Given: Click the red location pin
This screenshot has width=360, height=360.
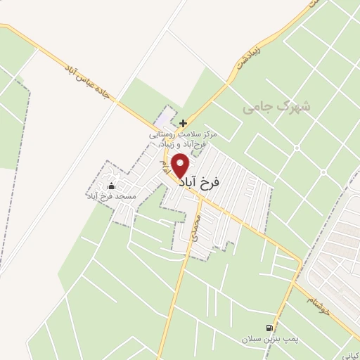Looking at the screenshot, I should pos(181,166).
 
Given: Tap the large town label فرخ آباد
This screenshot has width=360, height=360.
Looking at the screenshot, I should pos(200,182).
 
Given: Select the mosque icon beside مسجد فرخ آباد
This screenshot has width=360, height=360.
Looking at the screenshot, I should pos(110,186).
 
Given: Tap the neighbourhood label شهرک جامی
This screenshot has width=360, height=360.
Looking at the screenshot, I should pos(276,108).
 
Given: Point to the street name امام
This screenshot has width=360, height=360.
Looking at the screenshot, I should pos(165,167).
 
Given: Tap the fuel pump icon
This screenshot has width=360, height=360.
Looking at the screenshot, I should pos(269,328).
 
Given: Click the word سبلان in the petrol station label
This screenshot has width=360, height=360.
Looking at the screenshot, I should pos(251,339).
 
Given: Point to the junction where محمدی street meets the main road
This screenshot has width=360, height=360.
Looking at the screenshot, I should pos(200,197).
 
